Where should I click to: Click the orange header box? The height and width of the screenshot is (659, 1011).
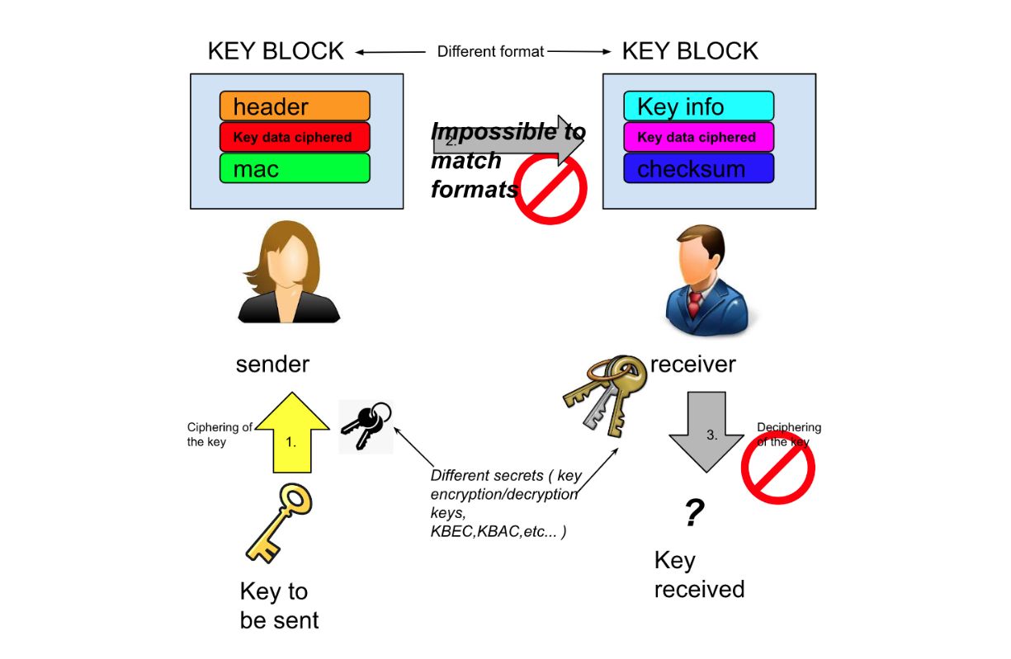(295, 106)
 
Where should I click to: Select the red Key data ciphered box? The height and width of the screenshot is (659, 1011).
(295, 137)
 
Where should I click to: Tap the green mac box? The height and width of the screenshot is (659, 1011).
(295, 169)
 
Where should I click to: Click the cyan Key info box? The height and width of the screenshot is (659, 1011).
(698, 106)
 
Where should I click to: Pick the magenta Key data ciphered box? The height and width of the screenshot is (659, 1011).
(698, 138)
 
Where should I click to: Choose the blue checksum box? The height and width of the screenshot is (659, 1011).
(698, 169)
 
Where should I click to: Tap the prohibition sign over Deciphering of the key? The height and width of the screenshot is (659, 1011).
(777, 468)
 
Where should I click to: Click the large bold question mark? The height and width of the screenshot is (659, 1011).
(694, 514)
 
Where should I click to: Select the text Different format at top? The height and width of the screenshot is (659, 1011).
(490, 52)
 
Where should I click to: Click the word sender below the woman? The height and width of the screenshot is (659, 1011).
(272, 365)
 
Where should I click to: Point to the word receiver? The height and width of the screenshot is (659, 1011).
(692, 364)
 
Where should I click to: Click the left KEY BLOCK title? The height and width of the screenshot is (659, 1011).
(276, 51)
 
